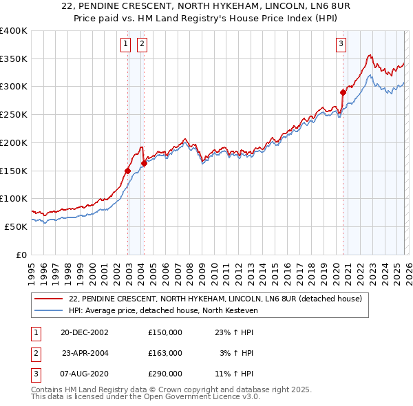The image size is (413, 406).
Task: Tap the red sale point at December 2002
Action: pyautogui.click(x=128, y=170)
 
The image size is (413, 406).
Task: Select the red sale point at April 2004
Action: pyautogui.click(x=145, y=163)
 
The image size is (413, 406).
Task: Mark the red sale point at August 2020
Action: pyautogui.click(x=343, y=92)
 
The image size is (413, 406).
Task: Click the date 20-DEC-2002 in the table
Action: pyautogui.click(x=84, y=332)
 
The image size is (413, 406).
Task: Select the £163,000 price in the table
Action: pyautogui.click(x=165, y=353)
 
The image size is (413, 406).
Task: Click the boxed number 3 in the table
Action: pyautogui.click(x=35, y=374)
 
